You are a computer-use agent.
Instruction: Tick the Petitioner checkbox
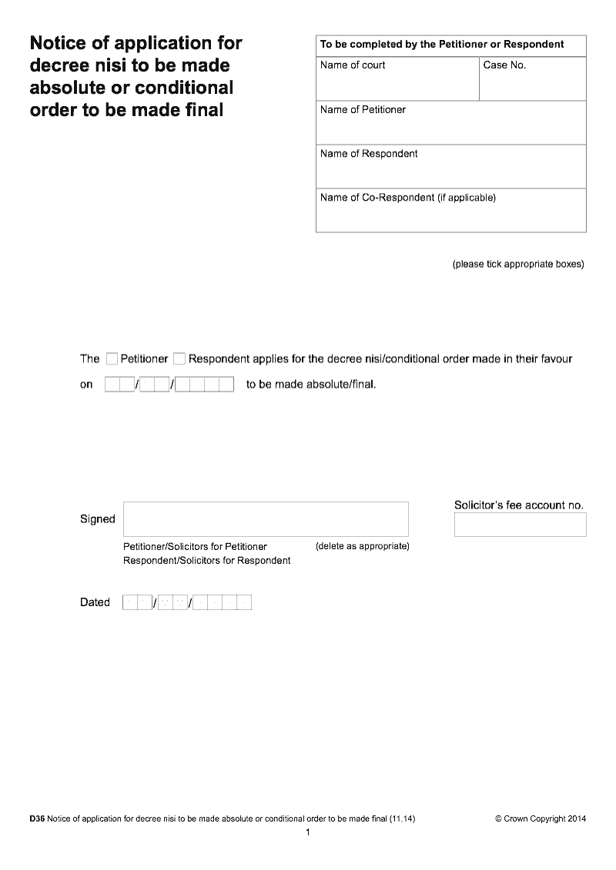112,358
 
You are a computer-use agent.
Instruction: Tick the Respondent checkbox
179,358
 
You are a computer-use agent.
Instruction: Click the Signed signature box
266,518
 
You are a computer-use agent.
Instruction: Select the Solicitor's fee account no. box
520,525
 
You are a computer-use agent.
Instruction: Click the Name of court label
353,65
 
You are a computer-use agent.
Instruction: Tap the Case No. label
504,65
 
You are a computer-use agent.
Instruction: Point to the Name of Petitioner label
363,110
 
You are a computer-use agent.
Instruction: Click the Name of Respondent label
369,154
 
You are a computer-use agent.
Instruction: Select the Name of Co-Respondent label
407,198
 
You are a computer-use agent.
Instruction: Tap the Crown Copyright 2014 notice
540,819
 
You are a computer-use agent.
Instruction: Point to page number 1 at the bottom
308,833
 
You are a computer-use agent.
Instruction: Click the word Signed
97,519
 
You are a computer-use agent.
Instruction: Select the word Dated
95,602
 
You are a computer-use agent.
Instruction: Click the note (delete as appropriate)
362,546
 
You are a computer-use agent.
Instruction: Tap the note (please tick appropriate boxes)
517,265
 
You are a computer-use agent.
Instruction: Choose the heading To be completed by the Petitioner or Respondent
442,45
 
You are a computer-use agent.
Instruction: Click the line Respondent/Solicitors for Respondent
206,561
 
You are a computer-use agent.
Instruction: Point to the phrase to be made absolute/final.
311,384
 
